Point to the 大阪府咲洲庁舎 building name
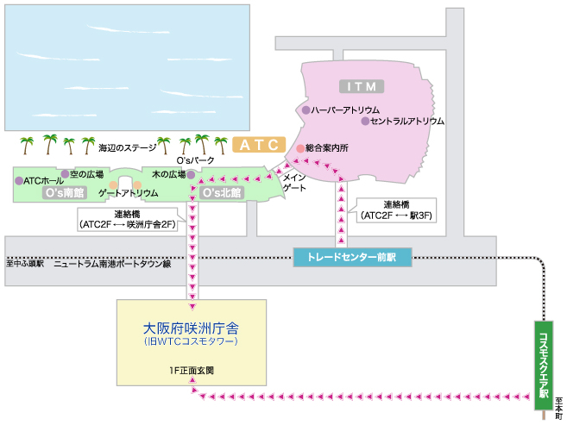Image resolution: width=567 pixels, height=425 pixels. coord(192,329)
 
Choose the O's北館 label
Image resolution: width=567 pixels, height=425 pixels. coord(221,191)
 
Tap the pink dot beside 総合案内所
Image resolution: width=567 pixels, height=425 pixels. coord(300,148)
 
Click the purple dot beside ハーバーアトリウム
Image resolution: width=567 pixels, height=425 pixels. coord(306,110)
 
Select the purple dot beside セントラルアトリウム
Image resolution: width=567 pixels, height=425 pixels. coord(365,122)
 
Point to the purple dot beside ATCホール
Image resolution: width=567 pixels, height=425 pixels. coord(19,181)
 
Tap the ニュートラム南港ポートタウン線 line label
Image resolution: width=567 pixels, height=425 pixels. coord(112,263)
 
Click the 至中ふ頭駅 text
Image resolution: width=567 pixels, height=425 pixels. coord(25,263)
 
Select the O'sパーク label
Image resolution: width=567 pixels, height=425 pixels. coord(195,160)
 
